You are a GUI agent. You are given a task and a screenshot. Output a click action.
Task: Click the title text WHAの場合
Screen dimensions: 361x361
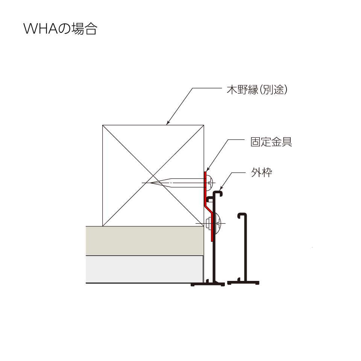coord(60,29)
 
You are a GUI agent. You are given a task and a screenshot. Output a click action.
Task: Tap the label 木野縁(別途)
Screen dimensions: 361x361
coord(257,89)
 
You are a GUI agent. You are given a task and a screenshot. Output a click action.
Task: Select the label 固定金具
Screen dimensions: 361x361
coord(272,142)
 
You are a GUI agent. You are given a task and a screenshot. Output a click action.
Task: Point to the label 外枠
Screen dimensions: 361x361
coord(262,172)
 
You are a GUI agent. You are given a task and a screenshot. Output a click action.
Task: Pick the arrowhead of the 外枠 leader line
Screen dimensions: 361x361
coord(221,188)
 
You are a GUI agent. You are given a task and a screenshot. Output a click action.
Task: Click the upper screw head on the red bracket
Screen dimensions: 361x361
coord(209,183)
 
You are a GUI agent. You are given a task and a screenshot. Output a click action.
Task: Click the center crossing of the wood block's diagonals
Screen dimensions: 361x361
coord(153,176)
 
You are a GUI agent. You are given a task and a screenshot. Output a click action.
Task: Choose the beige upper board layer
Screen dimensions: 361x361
coord(144,241)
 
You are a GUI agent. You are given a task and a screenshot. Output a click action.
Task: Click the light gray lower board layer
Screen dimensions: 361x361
coord(144,269)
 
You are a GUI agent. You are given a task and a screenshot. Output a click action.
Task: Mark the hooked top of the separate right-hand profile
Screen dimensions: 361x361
coord(242,215)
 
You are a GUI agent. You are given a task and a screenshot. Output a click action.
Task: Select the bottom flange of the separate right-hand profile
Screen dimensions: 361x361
coord(243,283)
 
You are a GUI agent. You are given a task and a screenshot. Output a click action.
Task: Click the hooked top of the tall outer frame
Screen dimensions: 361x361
coord(218,193)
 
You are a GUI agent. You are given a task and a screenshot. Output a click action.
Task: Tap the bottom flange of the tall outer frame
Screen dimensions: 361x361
coord(208,284)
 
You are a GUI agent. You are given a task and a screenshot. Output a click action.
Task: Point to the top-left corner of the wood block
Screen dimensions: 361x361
coord(102,125)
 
